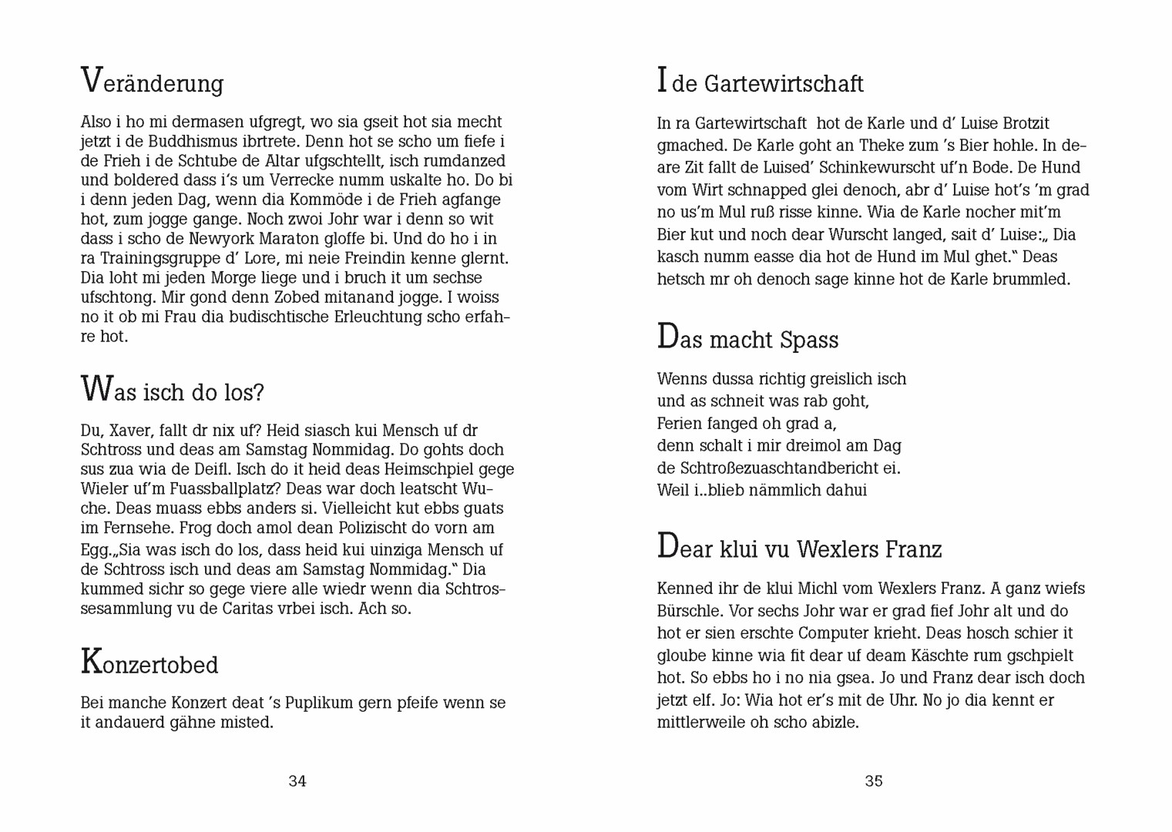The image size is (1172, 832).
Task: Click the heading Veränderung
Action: pyautogui.click(x=152, y=82)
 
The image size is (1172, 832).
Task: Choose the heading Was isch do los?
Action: pyautogui.click(x=172, y=391)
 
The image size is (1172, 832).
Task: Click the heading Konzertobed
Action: pyautogui.click(x=149, y=663)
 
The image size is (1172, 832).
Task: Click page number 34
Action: pyautogui.click(x=297, y=781)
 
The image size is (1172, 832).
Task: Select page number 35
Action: pyautogui.click(x=874, y=781)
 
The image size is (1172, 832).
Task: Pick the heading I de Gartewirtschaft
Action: pyautogui.click(x=761, y=82)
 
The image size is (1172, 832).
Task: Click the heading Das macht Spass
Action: pyautogui.click(x=747, y=339)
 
